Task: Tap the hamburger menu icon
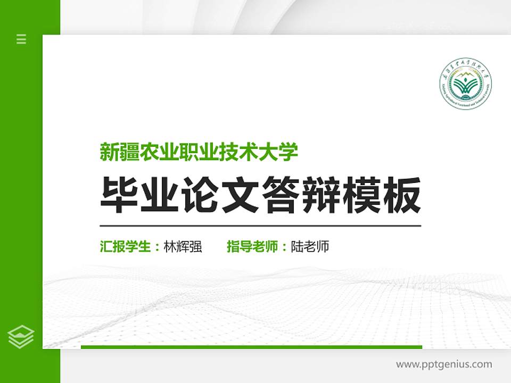pos(21,39)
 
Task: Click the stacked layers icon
pos(21,336)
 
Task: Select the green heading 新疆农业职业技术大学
pos(199,152)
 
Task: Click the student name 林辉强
pos(183,247)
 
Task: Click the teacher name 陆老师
pos(310,247)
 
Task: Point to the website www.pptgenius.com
pos(444,364)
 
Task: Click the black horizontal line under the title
pos(260,226)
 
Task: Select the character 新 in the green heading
pos(109,152)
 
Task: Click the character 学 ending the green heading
pos(289,152)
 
